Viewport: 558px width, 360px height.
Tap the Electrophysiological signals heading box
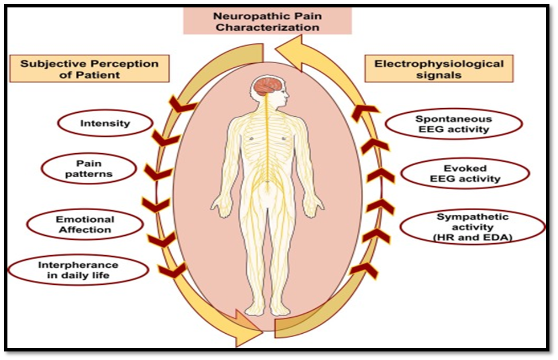pyautogui.click(x=439, y=68)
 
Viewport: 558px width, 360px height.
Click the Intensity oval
pyautogui.click(x=105, y=123)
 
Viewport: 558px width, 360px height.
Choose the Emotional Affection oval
pyautogui.click(x=85, y=224)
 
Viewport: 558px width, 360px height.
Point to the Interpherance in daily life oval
pyautogui.click(x=78, y=270)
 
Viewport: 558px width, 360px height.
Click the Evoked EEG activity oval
pyautogui.click(x=465, y=174)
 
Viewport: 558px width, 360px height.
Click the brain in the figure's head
pyautogui.click(x=268, y=85)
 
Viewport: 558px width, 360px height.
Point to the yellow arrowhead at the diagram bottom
pyautogui.click(x=246, y=331)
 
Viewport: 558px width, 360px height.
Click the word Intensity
pyautogui.click(x=105, y=123)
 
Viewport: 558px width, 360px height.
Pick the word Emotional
pyautogui.click(x=85, y=219)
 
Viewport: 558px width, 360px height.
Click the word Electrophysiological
pyautogui.click(x=439, y=63)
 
